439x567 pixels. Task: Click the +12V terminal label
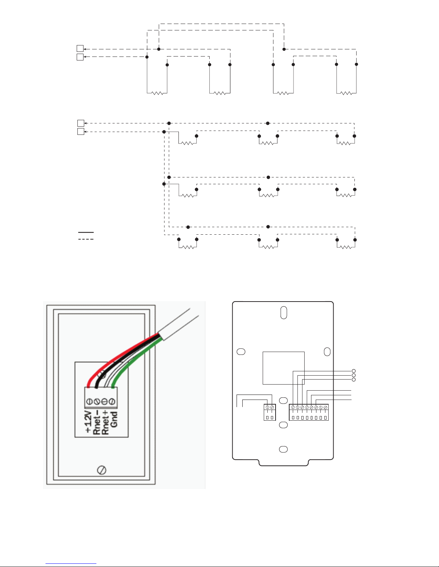[88, 422]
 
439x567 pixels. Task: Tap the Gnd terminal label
[114, 420]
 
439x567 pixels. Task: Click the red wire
[118, 355]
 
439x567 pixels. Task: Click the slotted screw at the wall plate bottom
[101, 470]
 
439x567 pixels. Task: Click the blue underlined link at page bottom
[71, 563]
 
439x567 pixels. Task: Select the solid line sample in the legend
[86, 232]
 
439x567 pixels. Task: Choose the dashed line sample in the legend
[86, 239]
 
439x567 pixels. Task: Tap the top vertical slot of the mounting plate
[283, 313]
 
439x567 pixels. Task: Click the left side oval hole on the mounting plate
[241, 352]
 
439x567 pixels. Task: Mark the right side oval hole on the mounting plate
[327, 352]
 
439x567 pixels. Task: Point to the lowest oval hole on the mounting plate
[283, 449]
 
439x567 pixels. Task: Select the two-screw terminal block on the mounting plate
[269, 412]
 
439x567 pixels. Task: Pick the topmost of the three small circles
[354, 371]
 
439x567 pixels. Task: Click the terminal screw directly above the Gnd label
[113, 401]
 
